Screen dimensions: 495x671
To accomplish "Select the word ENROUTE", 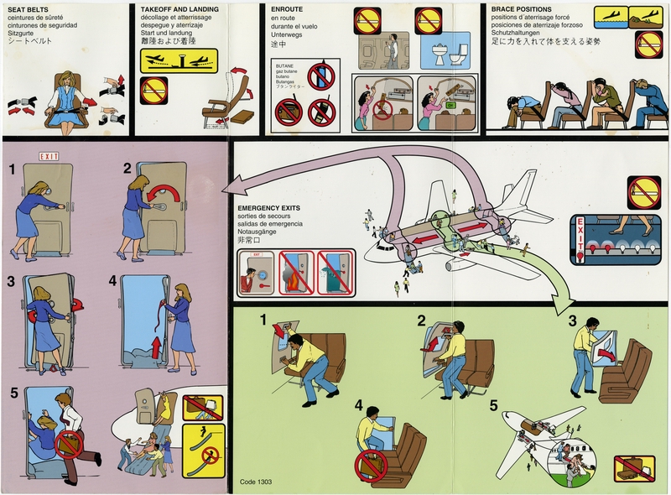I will click(x=289, y=8).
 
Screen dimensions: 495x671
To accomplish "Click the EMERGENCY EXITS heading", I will click(x=269, y=206).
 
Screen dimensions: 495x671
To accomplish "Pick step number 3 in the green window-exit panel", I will click(x=573, y=320).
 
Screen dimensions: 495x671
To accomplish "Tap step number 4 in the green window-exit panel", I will click(x=358, y=405).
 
